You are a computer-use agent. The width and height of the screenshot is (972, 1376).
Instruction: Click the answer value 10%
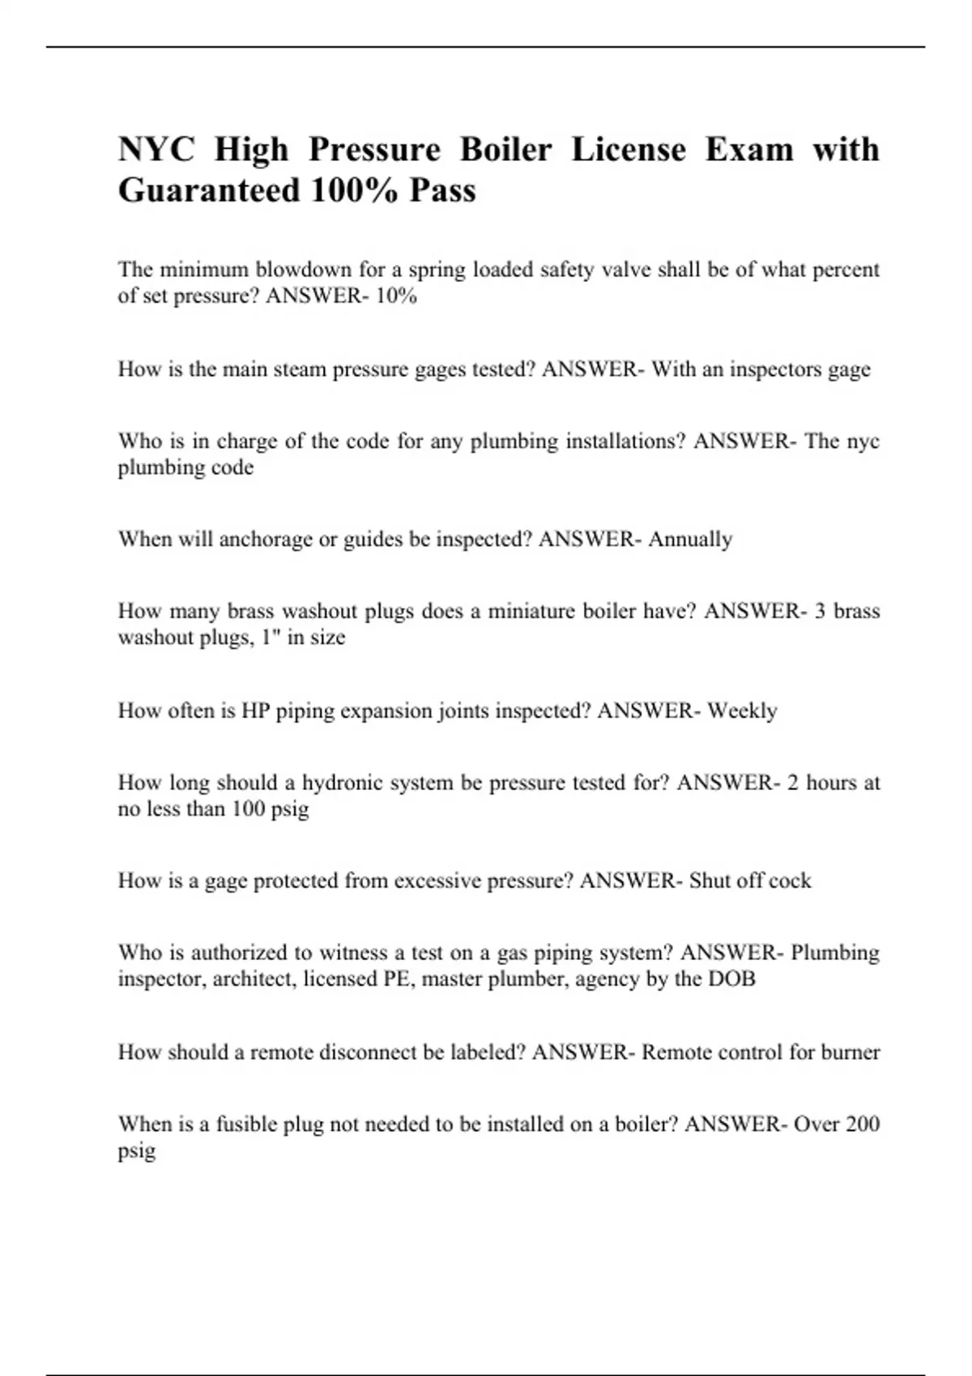point(397,296)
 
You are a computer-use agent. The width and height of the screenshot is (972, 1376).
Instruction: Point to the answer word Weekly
point(742,711)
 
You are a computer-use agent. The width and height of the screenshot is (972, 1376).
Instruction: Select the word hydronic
point(337,783)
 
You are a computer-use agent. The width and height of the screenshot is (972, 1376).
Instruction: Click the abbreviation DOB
point(732,979)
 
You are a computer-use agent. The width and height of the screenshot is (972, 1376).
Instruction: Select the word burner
point(850,1052)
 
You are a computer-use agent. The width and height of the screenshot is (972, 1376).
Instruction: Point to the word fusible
point(246,1124)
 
